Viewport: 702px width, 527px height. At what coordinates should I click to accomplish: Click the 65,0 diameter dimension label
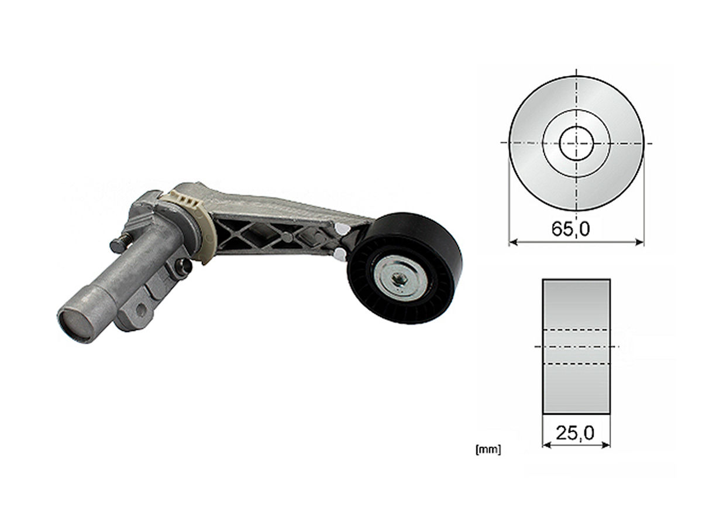click(x=570, y=229)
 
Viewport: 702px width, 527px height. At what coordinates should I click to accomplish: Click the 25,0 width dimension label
click(x=574, y=433)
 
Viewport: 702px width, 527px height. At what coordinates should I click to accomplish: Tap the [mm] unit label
click(x=488, y=450)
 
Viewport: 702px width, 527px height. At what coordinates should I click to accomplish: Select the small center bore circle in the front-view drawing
click(x=576, y=143)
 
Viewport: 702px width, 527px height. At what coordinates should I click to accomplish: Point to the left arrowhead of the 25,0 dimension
click(x=547, y=445)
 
